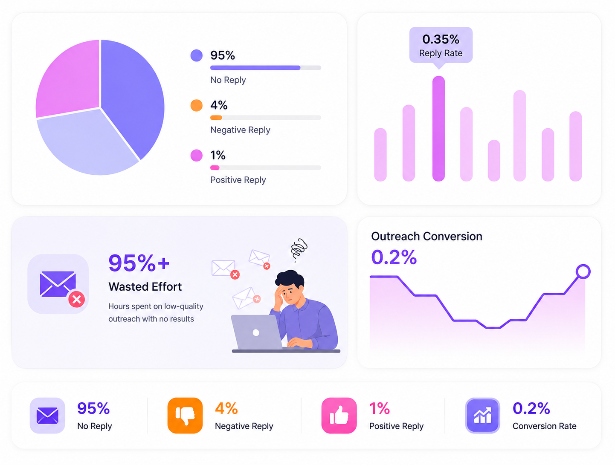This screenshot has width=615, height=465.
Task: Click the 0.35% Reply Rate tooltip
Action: point(441,46)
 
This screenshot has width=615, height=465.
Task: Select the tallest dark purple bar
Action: point(438,128)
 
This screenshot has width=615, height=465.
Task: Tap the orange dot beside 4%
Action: point(197,106)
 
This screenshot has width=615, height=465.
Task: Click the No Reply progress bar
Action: point(265,68)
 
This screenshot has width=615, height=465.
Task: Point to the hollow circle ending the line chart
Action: point(583,271)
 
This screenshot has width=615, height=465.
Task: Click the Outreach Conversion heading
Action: point(426,236)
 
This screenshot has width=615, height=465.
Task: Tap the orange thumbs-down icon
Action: point(185,416)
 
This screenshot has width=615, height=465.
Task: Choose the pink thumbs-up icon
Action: point(339,416)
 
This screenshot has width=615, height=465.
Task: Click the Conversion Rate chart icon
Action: point(482,416)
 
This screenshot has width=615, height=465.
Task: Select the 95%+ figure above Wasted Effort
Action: point(139,263)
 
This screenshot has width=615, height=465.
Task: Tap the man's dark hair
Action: point(290,278)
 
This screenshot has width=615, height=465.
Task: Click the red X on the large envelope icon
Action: point(76,299)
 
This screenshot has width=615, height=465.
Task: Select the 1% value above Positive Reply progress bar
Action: point(218,155)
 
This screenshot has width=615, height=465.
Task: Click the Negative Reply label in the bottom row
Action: point(244,426)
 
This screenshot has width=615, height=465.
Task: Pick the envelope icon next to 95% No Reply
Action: point(47,416)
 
